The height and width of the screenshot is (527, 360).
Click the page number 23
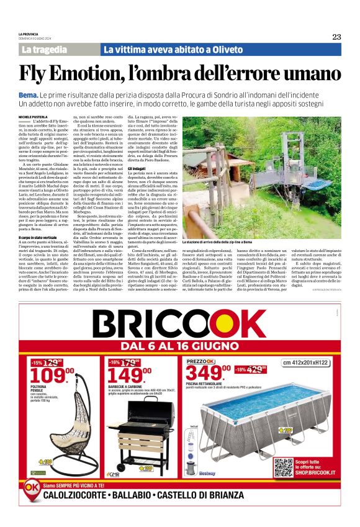point(336,37)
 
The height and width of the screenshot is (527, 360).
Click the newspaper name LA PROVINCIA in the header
point(29,34)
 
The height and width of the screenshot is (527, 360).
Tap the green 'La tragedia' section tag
point(43,49)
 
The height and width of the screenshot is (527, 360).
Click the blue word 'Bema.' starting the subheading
point(29,94)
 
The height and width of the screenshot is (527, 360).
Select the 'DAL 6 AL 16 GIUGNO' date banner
point(180,345)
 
